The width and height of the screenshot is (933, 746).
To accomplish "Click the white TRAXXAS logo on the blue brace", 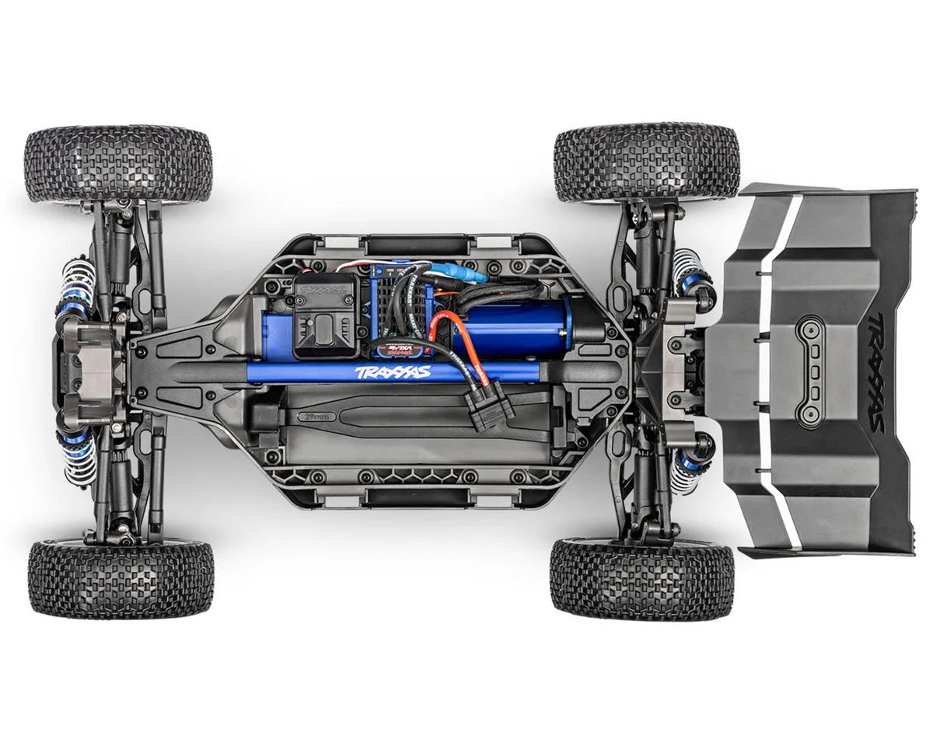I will tap(393, 372).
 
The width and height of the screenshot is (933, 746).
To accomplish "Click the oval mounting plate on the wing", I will tap(812, 371).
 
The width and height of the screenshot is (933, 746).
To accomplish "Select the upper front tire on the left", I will tap(118, 165).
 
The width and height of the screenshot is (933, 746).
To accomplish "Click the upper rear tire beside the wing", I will tap(646, 162).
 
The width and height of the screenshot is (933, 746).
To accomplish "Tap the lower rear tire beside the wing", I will tap(641, 579).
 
